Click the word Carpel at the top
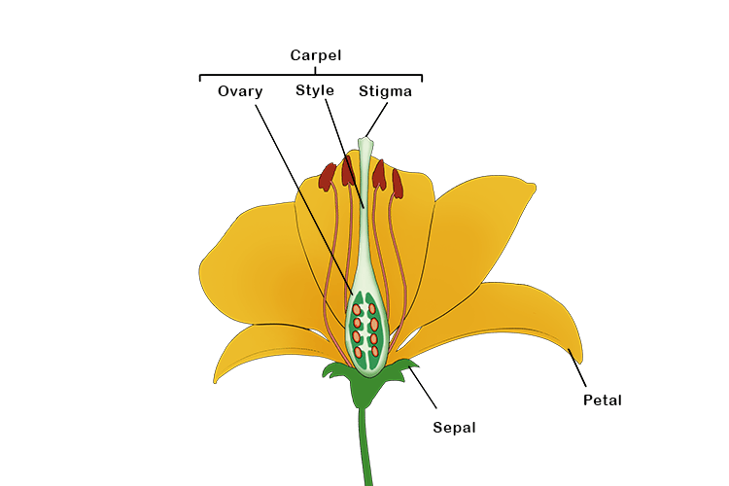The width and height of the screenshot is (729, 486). (x=315, y=55)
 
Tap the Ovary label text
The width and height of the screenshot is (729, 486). (x=239, y=92)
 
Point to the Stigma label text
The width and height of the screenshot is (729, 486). (x=385, y=92)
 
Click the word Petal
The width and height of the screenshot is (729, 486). (x=602, y=399)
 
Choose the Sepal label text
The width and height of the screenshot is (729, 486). (x=454, y=426)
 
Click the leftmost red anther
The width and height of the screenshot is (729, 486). (x=328, y=177)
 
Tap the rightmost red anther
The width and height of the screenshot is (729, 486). (x=397, y=182)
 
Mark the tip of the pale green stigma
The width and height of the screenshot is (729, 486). (x=364, y=142)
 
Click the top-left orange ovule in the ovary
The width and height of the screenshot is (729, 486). (x=358, y=311)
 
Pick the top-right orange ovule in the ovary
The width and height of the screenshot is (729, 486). (x=372, y=310)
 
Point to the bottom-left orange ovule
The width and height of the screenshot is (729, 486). (x=359, y=351)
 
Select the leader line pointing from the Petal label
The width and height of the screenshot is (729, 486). (x=577, y=372)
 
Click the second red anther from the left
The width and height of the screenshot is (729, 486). (x=348, y=171)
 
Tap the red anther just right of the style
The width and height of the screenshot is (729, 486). (x=379, y=174)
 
